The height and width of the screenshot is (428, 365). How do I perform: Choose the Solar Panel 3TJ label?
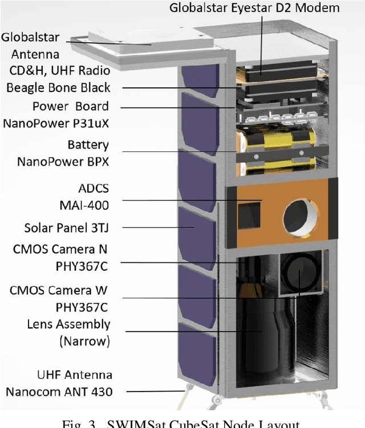click(66, 227)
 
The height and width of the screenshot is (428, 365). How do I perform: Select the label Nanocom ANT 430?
click(59, 392)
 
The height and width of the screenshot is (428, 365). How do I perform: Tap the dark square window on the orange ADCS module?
click(249, 215)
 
